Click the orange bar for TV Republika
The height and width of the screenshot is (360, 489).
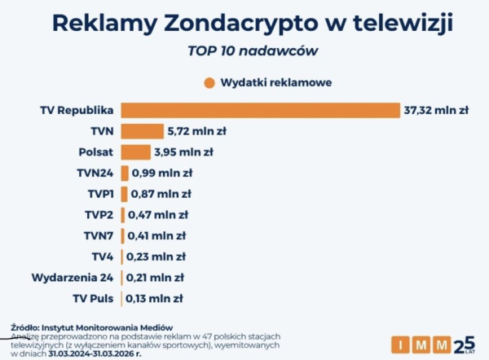260,110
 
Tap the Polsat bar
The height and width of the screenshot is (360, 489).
135,151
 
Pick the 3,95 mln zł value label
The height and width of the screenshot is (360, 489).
184,151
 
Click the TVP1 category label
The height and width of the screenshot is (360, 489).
100,194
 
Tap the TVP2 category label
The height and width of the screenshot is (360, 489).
100,215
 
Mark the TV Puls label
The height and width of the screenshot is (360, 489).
94,298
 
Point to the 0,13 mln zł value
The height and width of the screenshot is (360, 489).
153,298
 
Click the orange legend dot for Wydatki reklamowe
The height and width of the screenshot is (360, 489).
209,82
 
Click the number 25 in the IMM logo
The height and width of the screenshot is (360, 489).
462,343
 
